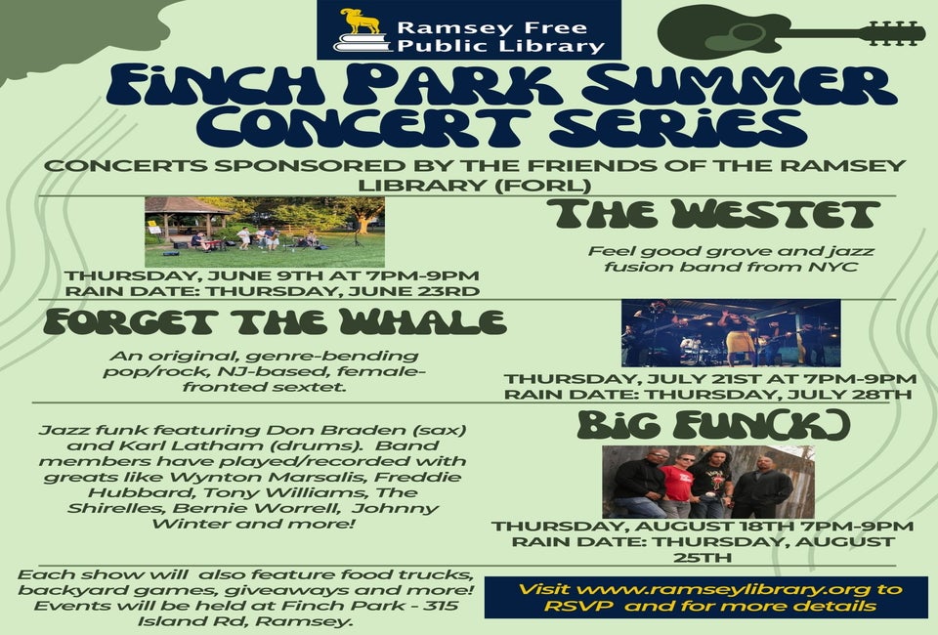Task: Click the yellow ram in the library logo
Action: point(361,21)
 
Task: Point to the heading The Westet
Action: point(713,215)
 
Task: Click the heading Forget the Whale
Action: point(276,322)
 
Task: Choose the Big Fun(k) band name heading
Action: point(713,425)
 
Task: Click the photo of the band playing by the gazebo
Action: point(265,232)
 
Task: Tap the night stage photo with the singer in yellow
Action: point(731,333)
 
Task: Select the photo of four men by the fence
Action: point(708,482)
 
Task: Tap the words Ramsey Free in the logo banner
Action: point(491,27)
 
